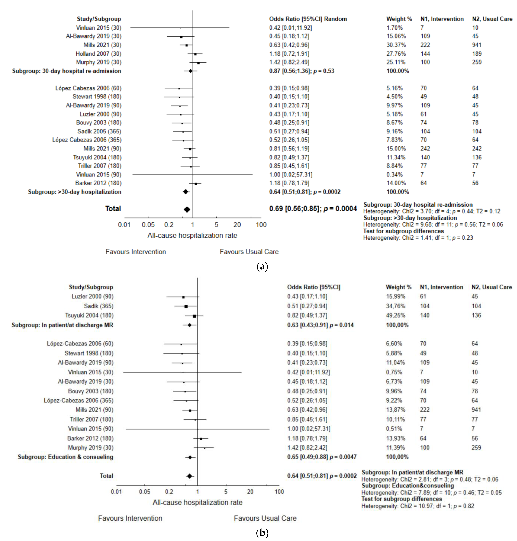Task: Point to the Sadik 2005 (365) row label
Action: click(x=99, y=131)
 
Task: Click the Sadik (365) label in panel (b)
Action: click(x=98, y=306)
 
